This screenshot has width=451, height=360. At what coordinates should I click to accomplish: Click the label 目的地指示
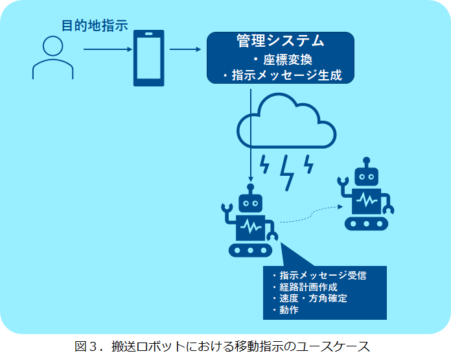point(95,25)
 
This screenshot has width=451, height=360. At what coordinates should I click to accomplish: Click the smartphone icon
point(148,58)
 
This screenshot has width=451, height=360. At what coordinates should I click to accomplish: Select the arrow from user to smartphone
point(108,49)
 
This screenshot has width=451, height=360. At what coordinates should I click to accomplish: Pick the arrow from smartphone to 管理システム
point(185,49)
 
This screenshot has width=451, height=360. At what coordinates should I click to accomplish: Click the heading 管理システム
point(281,40)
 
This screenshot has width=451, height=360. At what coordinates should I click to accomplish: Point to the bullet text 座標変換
point(288,60)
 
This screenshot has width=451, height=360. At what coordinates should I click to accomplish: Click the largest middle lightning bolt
point(287,173)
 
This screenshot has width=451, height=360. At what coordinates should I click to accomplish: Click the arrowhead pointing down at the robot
point(251,179)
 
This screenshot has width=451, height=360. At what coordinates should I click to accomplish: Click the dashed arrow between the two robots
point(312,213)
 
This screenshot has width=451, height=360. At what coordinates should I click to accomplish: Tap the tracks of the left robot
point(250,250)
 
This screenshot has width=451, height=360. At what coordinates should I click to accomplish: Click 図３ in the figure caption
point(85,346)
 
